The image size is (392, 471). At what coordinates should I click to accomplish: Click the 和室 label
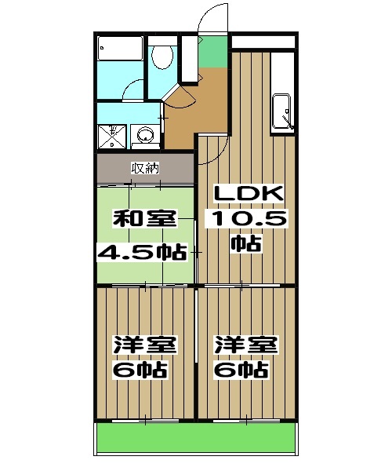click(145, 220)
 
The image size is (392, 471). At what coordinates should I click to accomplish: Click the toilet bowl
click(162, 57)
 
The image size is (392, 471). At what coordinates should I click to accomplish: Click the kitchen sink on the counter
click(281, 110)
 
